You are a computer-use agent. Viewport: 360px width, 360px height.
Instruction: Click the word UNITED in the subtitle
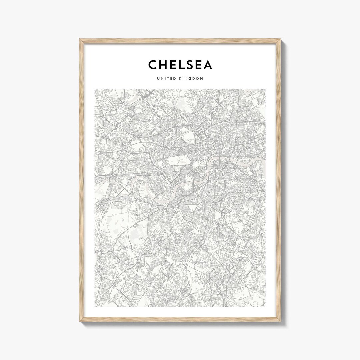tap(165, 79)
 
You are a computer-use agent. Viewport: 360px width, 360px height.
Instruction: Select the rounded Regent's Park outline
tap(188, 136)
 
